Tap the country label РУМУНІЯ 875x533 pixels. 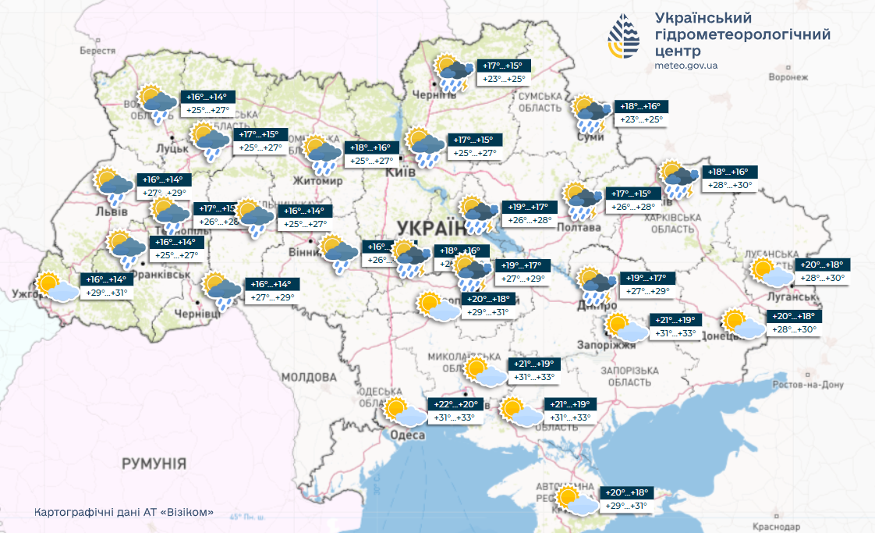(x=154, y=464)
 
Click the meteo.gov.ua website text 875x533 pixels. (x=686, y=66)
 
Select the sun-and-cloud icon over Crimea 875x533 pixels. (x=576, y=500)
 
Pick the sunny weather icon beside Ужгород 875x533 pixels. (x=57, y=287)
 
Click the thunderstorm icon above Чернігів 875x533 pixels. (x=452, y=74)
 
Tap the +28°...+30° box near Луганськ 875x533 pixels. (x=818, y=278)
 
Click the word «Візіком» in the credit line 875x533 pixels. (x=186, y=513)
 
